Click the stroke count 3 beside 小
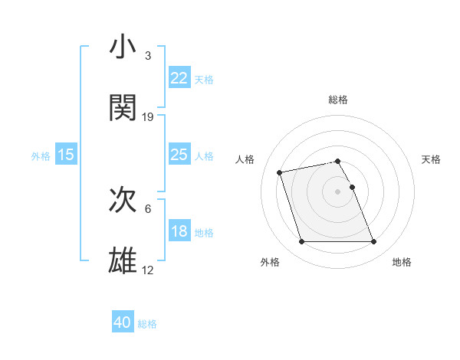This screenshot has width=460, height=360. [x=148, y=56]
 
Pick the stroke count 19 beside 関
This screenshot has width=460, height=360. [x=148, y=116]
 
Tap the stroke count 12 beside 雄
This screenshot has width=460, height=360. [x=148, y=270]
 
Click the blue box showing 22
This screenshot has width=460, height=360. [x=179, y=78]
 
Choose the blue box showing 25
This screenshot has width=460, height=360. [x=179, y=155]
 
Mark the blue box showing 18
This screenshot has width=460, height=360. [x=179, y=231]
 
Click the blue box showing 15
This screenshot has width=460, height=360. [x=66, y=155]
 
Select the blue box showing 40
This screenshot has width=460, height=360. [x=123, y=323]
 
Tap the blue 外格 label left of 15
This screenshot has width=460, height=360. [x=41, y=156]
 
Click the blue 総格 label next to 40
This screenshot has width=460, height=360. [x=147, y=324]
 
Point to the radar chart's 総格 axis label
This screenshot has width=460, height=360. [x=338, y=100]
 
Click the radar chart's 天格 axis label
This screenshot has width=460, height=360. [x=432, y=159]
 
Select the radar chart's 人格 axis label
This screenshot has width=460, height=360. [x=245, y=159]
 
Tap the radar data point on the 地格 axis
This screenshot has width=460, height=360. [x=373, y=242]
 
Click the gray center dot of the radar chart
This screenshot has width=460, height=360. [x=338, y=191]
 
